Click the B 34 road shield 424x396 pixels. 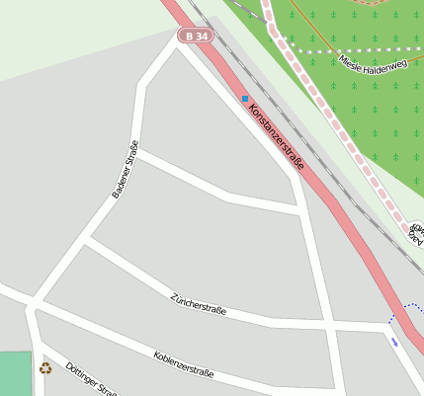(x=197, y=37)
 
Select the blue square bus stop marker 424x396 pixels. (x=245, y=99)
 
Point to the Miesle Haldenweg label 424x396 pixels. (x=373, y=64)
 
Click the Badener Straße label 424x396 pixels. (x=125, y=170)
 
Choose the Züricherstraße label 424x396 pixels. (x=198, y=304)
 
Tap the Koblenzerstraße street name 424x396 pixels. (x=184, y=364)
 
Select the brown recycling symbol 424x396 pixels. (x=44, y=368)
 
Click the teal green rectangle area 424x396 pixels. (x=15, y=374)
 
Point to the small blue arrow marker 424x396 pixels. (x=395, y=343)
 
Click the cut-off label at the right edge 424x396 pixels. (x=416, y=233)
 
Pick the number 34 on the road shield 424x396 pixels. (x=201, y=37)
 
